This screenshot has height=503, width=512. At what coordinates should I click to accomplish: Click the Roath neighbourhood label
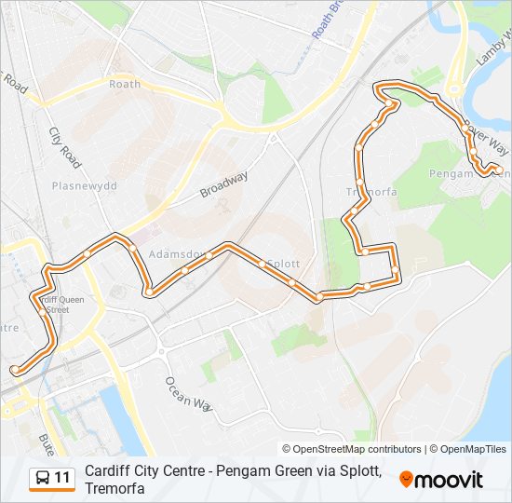125,84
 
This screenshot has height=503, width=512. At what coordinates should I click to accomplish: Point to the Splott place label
283,264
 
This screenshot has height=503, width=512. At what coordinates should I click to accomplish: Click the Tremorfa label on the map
372,192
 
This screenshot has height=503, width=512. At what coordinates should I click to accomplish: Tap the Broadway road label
223,184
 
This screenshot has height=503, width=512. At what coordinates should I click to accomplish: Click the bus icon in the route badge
42,479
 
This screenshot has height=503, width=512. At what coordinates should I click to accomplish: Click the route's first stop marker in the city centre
16,370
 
